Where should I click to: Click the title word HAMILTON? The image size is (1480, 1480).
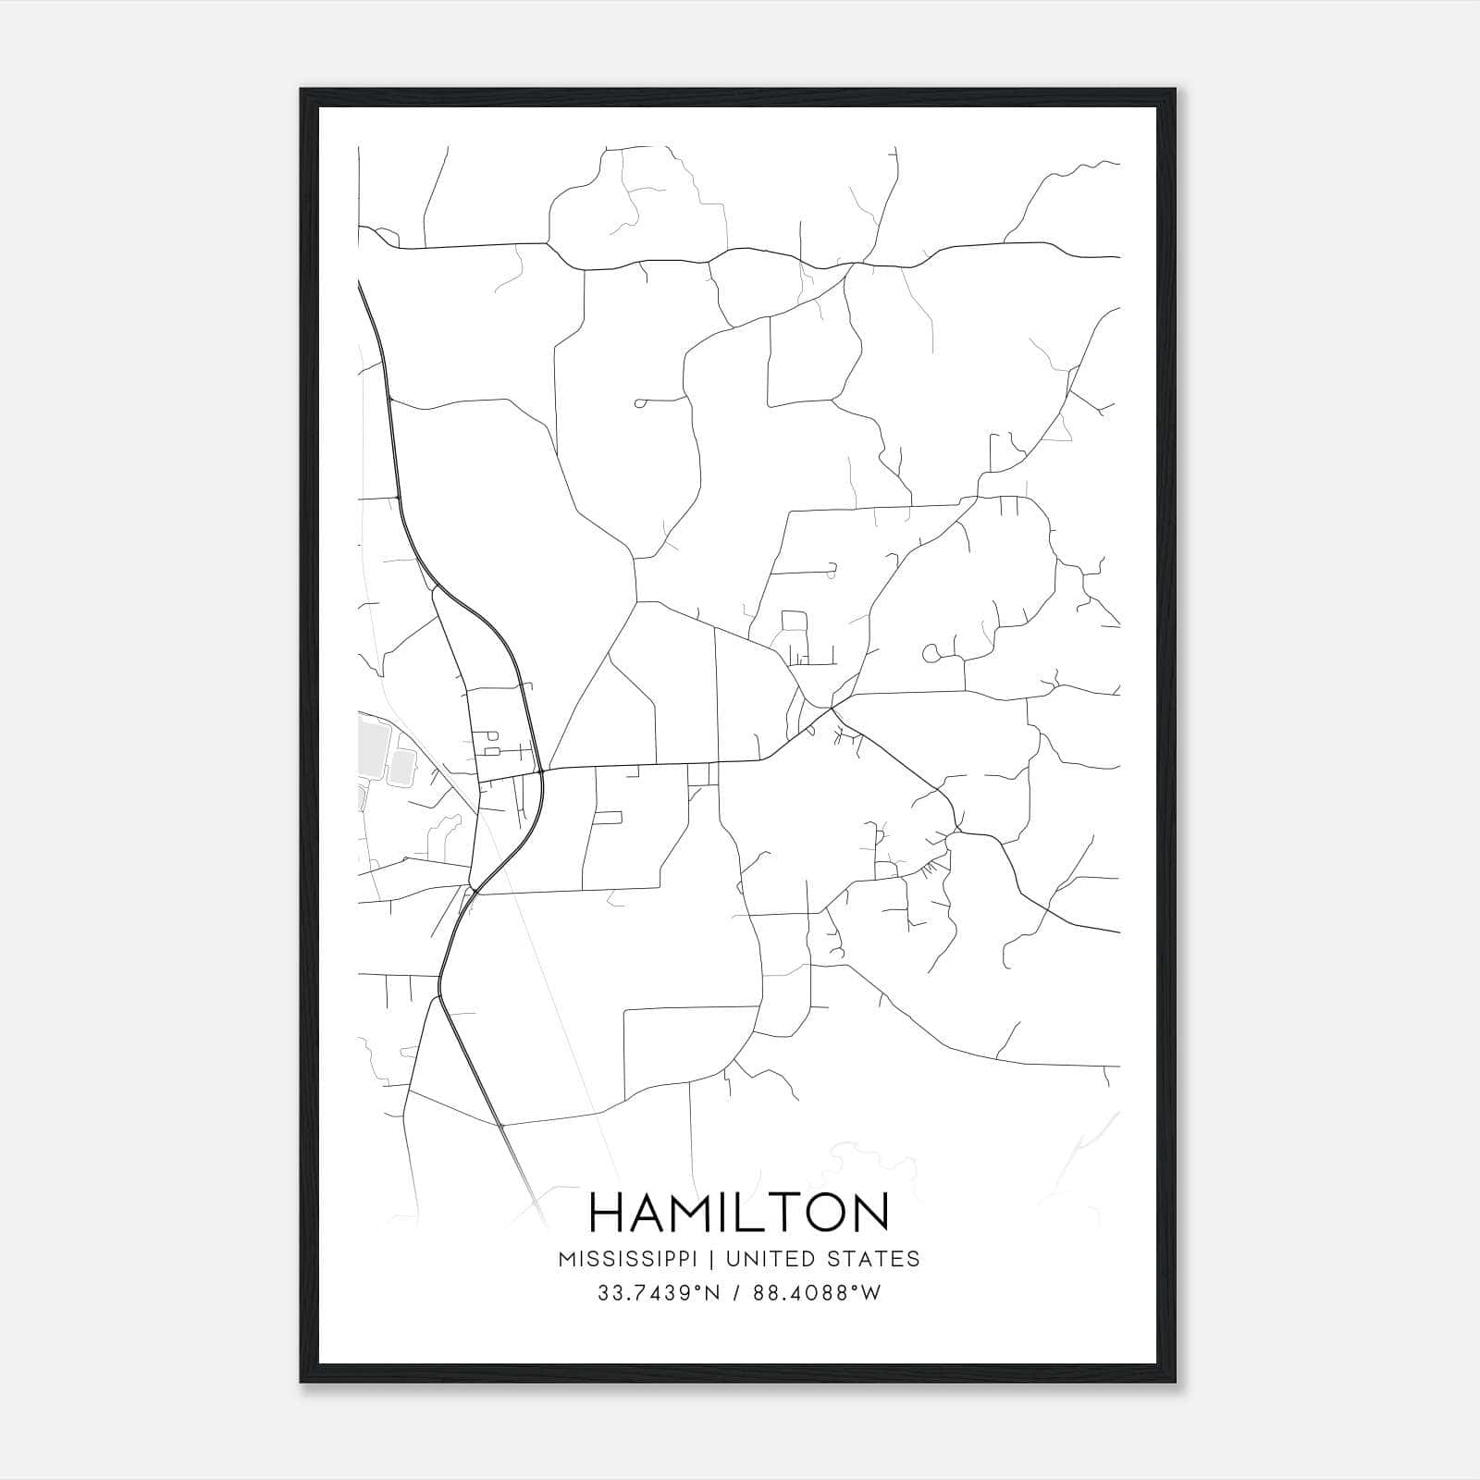[x=739, y=1212]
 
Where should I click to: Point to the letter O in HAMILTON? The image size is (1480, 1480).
[x=819, y=1212]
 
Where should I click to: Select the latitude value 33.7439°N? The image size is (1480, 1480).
[x=656, y=1293]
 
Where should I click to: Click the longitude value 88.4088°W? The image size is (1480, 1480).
[x=816, y=1293]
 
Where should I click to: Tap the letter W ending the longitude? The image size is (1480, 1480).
[x=870, y=1293]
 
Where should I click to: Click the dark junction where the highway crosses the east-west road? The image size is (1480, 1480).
[x=539, y=769]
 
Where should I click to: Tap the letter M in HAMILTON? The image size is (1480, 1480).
[x=688, y=1212]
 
